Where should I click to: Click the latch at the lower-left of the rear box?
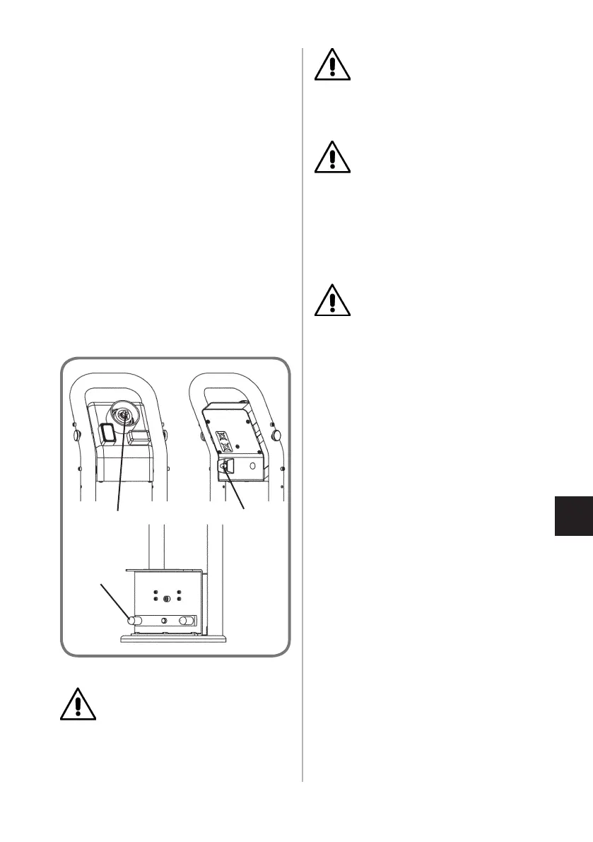tap(227, 467)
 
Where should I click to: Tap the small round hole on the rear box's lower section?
tap(252, 467)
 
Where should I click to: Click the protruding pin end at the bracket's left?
tap(131, 620)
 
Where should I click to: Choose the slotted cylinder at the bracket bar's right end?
tap(187, 620)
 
